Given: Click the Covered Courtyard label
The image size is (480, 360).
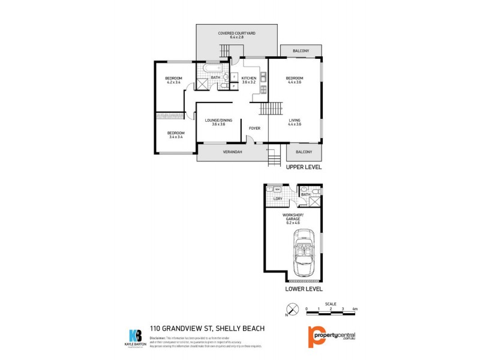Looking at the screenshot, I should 236,35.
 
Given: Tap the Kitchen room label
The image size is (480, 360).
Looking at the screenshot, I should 249,81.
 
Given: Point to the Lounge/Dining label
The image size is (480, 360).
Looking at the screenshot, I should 214,122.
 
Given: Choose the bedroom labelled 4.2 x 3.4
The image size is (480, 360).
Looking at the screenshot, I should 173,80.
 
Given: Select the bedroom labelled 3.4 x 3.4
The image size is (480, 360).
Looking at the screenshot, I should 175,134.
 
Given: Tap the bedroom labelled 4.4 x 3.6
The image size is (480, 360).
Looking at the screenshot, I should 294,80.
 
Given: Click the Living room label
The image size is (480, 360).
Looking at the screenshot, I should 294,122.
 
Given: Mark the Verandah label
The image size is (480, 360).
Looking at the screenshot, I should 232,152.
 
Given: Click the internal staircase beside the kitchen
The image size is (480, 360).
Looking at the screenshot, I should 271,109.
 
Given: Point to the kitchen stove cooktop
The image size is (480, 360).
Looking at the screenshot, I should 263,89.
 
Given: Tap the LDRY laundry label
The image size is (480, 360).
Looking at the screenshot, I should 278,198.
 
